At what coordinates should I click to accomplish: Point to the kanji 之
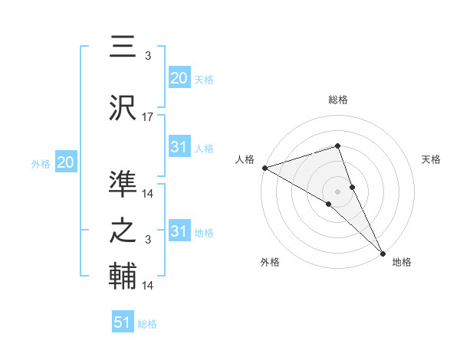123,230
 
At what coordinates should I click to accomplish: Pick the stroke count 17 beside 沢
148,117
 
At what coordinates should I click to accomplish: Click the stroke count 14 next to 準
148,194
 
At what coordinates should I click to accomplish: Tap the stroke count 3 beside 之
148,241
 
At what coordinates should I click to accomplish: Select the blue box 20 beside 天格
179,78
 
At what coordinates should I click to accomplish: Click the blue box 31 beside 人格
179,148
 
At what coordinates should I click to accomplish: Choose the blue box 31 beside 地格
179,231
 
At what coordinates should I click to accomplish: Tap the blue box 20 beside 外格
65,162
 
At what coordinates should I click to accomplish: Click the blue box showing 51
123,322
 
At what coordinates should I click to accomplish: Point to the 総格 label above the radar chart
338,100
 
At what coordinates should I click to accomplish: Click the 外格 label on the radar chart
270,262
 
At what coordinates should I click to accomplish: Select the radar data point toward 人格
264,167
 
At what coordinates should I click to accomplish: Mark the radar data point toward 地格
383,252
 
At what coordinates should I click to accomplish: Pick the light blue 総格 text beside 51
147,324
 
